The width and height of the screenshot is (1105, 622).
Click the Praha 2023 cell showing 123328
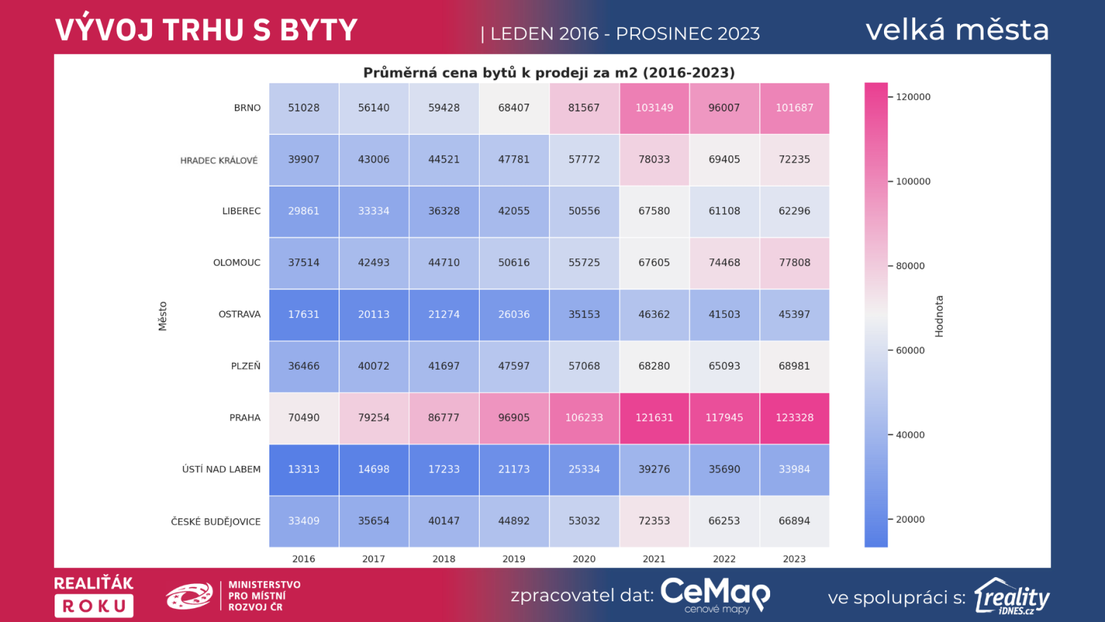(x=794, y=417)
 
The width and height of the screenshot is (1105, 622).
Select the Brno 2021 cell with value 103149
(x=654, y=108)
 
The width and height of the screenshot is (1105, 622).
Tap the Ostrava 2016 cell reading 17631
(x=304, y=314)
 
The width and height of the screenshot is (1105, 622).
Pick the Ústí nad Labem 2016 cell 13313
(x=304, y=469)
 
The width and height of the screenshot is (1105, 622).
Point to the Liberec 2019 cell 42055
(x=514, y=211)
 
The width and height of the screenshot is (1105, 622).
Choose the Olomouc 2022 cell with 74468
(x=724, y=263)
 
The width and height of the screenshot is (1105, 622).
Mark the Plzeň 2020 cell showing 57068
(x=584, y=366)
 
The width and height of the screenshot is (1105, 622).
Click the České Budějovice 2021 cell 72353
(x=654, y=521)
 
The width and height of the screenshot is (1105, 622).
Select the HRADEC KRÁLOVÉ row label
(x=219, y=160)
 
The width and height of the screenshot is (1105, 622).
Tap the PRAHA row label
(x=245, y=418)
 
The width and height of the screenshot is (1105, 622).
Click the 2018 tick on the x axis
(x=444, y=559)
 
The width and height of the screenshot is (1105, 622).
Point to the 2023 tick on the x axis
(x=794, y=559)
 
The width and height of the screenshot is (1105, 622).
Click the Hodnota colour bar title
(x=939, y=317)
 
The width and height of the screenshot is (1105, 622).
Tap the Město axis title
(x=163, y=317)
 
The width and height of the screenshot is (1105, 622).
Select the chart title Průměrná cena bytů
(x=549, y=73)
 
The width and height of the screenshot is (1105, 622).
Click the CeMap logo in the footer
(x=715, y=595)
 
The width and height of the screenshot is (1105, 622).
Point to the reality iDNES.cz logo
(x=1012, y=596)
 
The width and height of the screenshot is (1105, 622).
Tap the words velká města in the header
(x=957, y=30)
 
